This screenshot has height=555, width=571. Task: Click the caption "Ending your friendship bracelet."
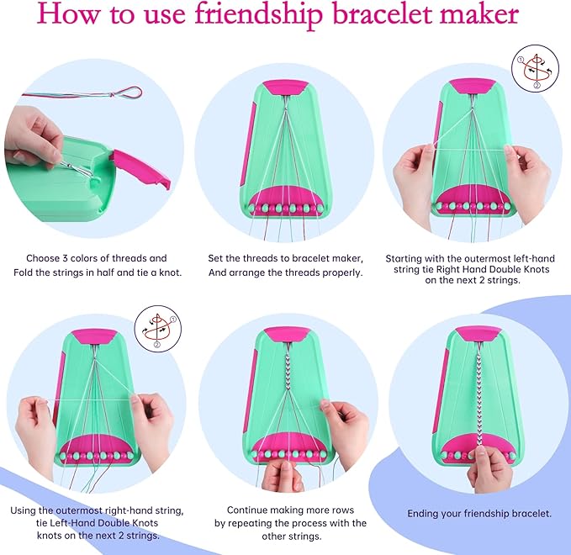tap(479, 513)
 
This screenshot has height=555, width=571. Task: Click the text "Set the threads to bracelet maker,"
tap(286, 258)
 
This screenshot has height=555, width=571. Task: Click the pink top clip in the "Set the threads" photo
tap(285, 87)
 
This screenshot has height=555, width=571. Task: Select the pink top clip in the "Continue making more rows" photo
tap(284, 335)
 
